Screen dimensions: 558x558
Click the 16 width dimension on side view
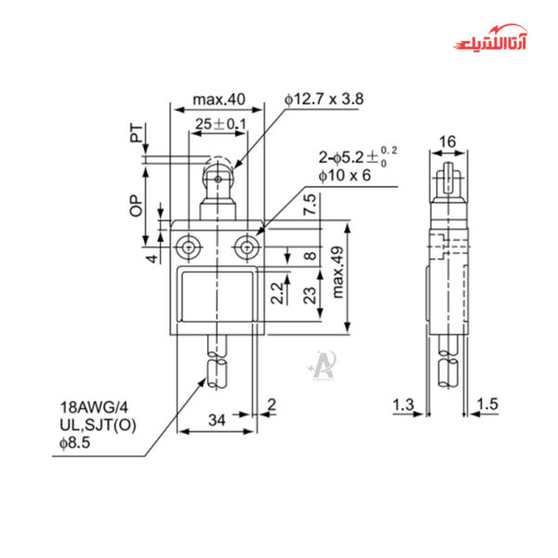(x=447, y=140)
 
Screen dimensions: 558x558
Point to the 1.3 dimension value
(x=404, y=405)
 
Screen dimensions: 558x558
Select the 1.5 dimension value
(x=488, y=405)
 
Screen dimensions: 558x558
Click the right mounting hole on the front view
(x=246, y=247)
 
